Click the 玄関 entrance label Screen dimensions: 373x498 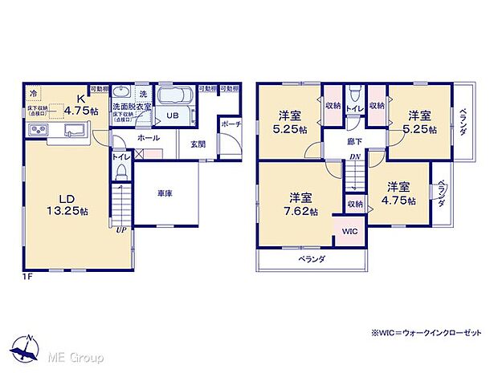tap(197, 145)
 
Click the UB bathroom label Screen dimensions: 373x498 tap(172, 115)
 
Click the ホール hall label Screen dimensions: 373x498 tap(147, 138)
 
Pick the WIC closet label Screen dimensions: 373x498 tap(349, 231)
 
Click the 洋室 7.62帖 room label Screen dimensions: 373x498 tap(303, 205)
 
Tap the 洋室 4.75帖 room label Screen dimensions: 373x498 tap(398, 193)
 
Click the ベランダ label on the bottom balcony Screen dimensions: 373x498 tap(312, 259)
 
